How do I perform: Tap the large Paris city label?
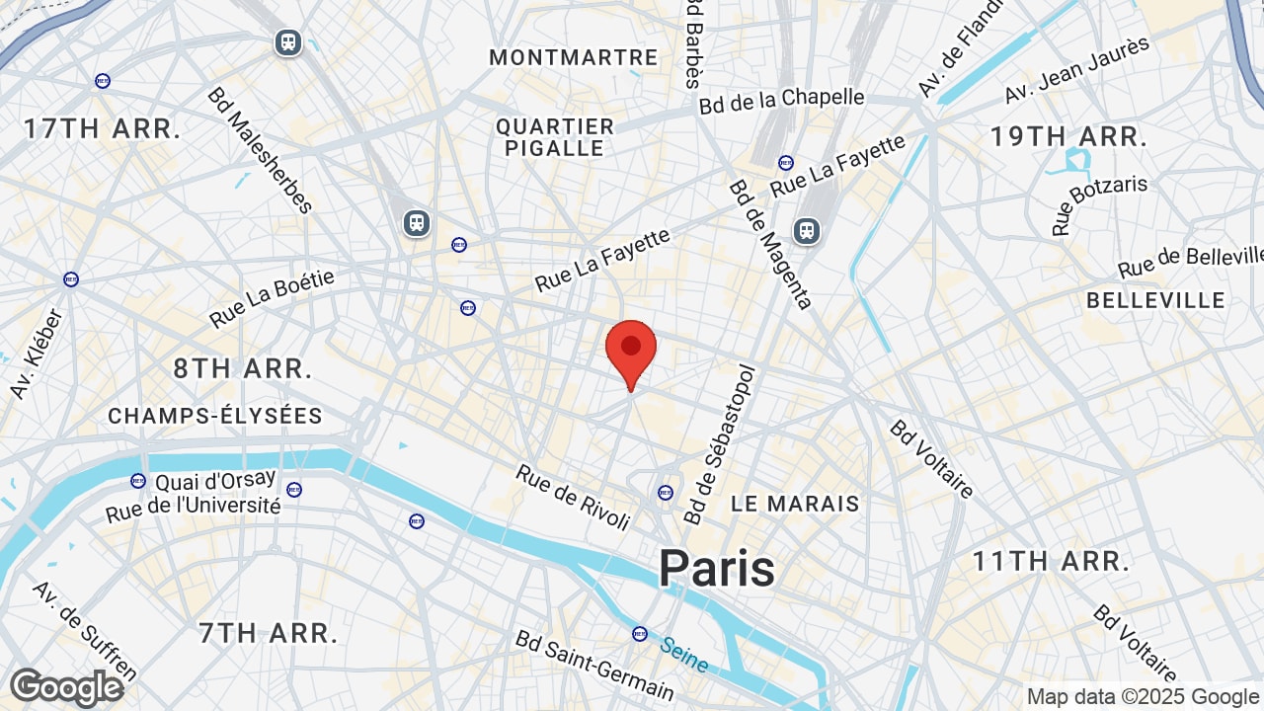point(717,569)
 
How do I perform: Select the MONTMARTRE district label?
point(574,57)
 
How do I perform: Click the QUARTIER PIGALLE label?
point(555,137)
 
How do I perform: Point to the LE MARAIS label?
point(796,504)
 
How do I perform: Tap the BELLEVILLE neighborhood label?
point(1155,300)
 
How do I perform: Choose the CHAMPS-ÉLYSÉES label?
point(215,416)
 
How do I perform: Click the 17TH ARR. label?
point(103,128)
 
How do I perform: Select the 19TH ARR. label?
point(1069,137)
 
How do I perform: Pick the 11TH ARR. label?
point(1051,562)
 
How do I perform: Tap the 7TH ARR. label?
point(269,632)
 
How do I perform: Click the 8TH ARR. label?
point(243,369)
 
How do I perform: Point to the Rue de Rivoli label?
point(573,497)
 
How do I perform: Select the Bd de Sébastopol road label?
point(719,444)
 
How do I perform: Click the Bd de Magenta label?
point(770,244)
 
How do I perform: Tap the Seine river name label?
point(684,654)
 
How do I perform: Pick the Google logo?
point(66,687)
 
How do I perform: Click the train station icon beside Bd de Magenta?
point(807,231)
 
